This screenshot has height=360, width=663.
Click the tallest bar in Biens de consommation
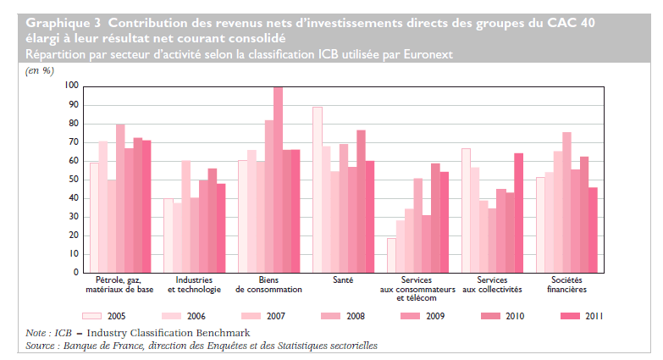278,180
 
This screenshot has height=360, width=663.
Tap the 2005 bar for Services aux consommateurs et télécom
392,255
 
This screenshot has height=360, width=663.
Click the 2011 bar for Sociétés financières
593,230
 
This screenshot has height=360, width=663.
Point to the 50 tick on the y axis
73,180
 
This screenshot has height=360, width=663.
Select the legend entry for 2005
120,316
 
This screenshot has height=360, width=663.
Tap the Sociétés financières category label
566,284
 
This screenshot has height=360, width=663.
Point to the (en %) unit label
39,70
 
